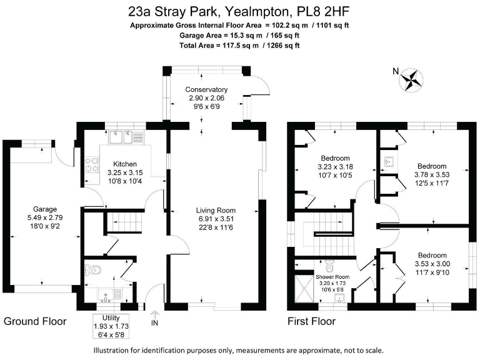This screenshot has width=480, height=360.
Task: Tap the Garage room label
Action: tap(45, 209)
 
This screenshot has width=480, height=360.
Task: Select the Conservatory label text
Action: tap(206, 90)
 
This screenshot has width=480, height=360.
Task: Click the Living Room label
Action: tap(215, 210)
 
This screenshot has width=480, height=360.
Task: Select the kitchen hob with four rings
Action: tap(94, 164)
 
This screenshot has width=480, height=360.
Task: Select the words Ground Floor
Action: tap(35, 322)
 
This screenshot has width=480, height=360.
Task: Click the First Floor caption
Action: tap(311, 322)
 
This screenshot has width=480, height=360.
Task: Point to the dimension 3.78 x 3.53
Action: tap(432, 175)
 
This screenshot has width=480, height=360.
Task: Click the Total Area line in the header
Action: tap(240, 46)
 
